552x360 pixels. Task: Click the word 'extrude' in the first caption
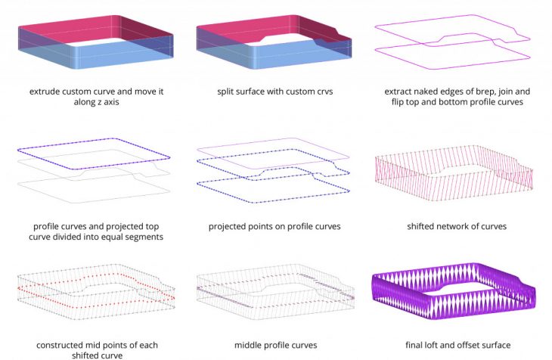(46, 92)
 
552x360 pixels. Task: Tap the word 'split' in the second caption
(225, 92)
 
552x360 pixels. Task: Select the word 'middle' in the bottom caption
(250, 345)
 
